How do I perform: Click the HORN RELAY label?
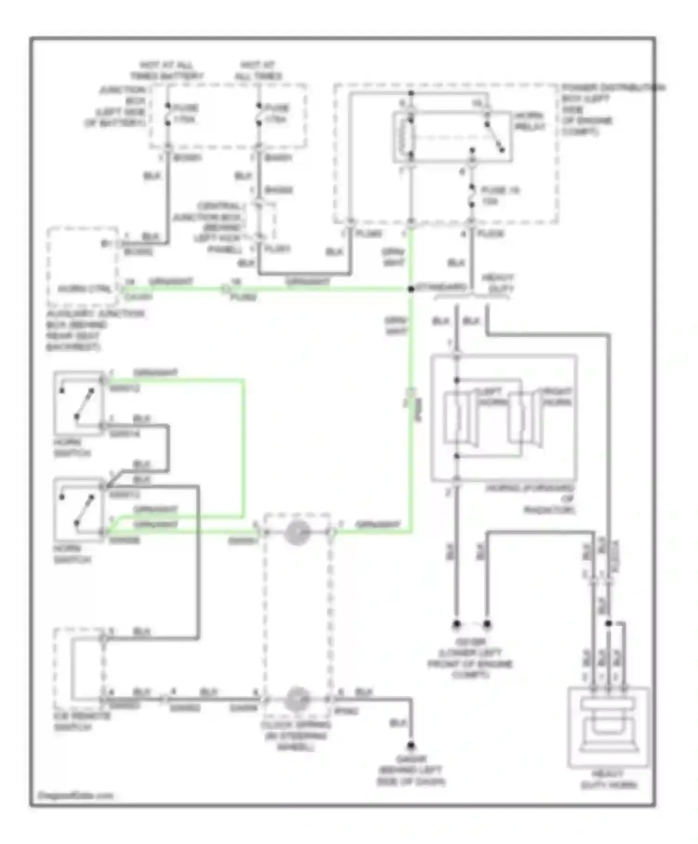click(529, 121)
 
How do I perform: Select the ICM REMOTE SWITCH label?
click(82, 722)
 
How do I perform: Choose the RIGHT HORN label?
click(557, 396)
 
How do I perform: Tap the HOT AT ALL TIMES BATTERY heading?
click(167, 70)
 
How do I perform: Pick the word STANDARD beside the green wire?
click(441, 287)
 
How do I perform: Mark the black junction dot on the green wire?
click(411, 289)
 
